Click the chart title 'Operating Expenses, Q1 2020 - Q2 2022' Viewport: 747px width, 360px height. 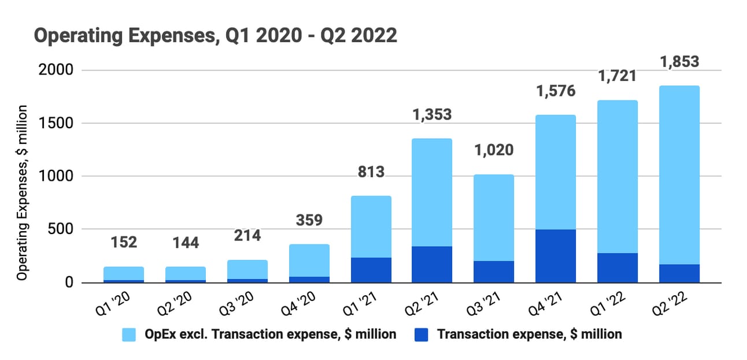click(215, 36)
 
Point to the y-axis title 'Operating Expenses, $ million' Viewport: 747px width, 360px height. click(22, 193)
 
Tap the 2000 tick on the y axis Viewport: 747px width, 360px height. click(56, 70)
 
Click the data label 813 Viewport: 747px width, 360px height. click(370, 172)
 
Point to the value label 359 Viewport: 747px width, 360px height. click(309, 220)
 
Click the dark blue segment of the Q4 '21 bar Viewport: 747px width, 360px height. click(555, 256)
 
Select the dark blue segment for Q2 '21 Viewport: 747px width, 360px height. click(432, 265)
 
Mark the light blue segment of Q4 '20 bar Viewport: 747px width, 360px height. click(309, 260)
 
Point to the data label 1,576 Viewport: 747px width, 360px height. click(554, 91)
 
